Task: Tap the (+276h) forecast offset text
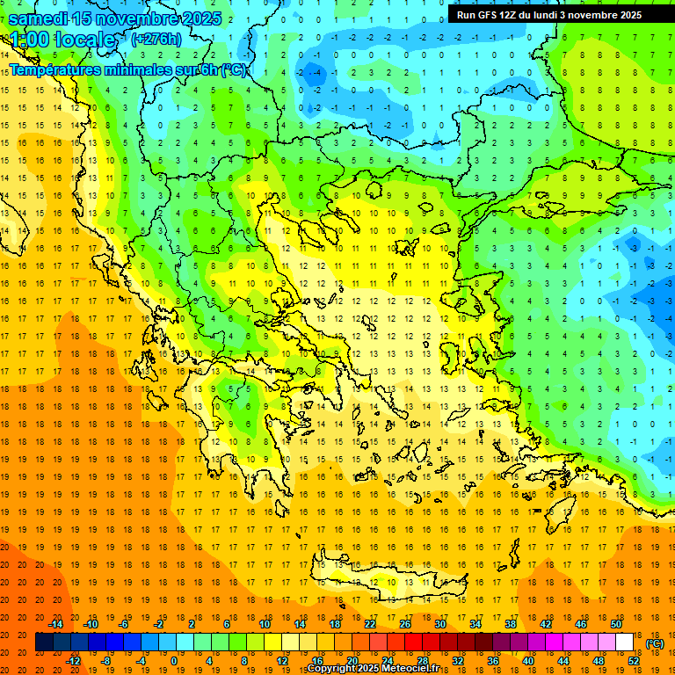click(x=156, y=39)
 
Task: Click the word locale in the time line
click(x=84, y=40)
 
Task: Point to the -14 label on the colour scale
click(x=57, y=624)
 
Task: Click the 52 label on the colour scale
click(x=634, y=661)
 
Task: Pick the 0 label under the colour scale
click(x=174, y=661)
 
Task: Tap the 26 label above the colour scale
click(x=405, y=624)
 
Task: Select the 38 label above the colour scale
click(x=510, y=624)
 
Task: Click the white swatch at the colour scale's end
click(x=624, y=642)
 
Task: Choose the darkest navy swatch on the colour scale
click(x=44, y=642)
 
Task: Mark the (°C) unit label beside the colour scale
click(x=655, y=643)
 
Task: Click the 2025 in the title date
click(x=194, y=18)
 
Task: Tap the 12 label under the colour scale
click(x=283, y=661)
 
